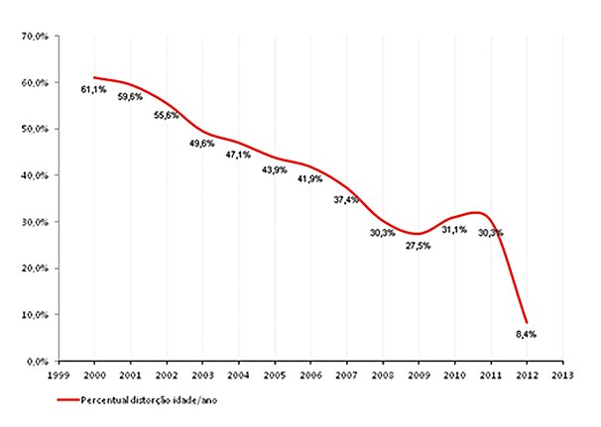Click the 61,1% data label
pos(94,89)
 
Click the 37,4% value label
pos(347,199)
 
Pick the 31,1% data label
pos(455,229)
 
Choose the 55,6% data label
pos(166,115)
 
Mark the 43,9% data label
pos(274,169)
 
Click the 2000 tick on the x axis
pos(94,375)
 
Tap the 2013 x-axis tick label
pos(562,375)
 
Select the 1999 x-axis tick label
pos(59,375)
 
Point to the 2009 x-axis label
pos(419,375)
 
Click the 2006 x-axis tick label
pos(310,375)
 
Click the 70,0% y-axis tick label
pos(36,37)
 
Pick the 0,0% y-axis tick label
pos(39,361)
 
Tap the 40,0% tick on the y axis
pos(36,175)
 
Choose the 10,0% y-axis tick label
pos(36,314)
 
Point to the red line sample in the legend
pos(67,400)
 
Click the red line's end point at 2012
pos(527,322)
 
